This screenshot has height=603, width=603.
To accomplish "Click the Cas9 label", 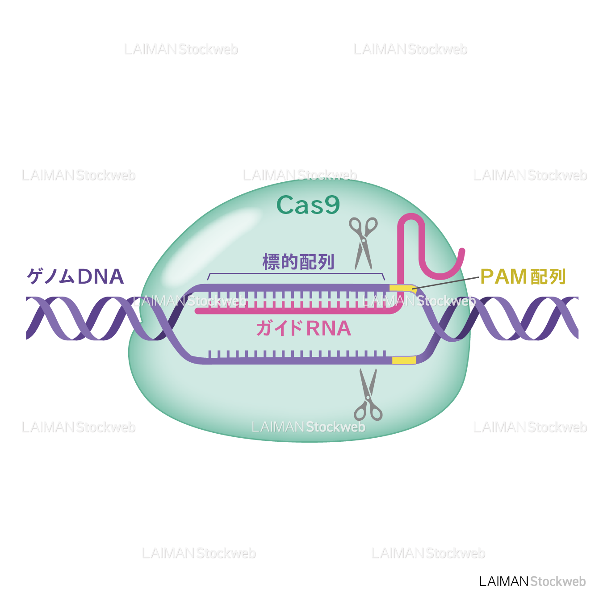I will click(308, 205).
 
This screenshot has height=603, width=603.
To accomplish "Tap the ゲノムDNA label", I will click(75, 276).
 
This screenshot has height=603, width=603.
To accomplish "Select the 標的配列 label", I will click(298, 262).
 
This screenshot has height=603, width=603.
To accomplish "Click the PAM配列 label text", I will click(523, 277).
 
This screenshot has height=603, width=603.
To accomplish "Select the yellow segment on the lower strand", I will click(404, 360).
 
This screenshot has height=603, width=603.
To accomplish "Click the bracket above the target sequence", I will click(296, 274).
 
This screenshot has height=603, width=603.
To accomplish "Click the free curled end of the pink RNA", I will click(462, 253).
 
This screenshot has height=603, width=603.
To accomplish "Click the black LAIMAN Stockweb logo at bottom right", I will click(532, 581).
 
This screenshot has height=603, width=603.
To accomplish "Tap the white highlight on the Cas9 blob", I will click(210, 243).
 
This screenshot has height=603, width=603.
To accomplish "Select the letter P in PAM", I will click(486, 277).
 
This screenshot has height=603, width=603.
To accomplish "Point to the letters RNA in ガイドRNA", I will click(329, 329).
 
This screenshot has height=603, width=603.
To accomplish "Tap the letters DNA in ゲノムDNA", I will click(100, 276).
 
